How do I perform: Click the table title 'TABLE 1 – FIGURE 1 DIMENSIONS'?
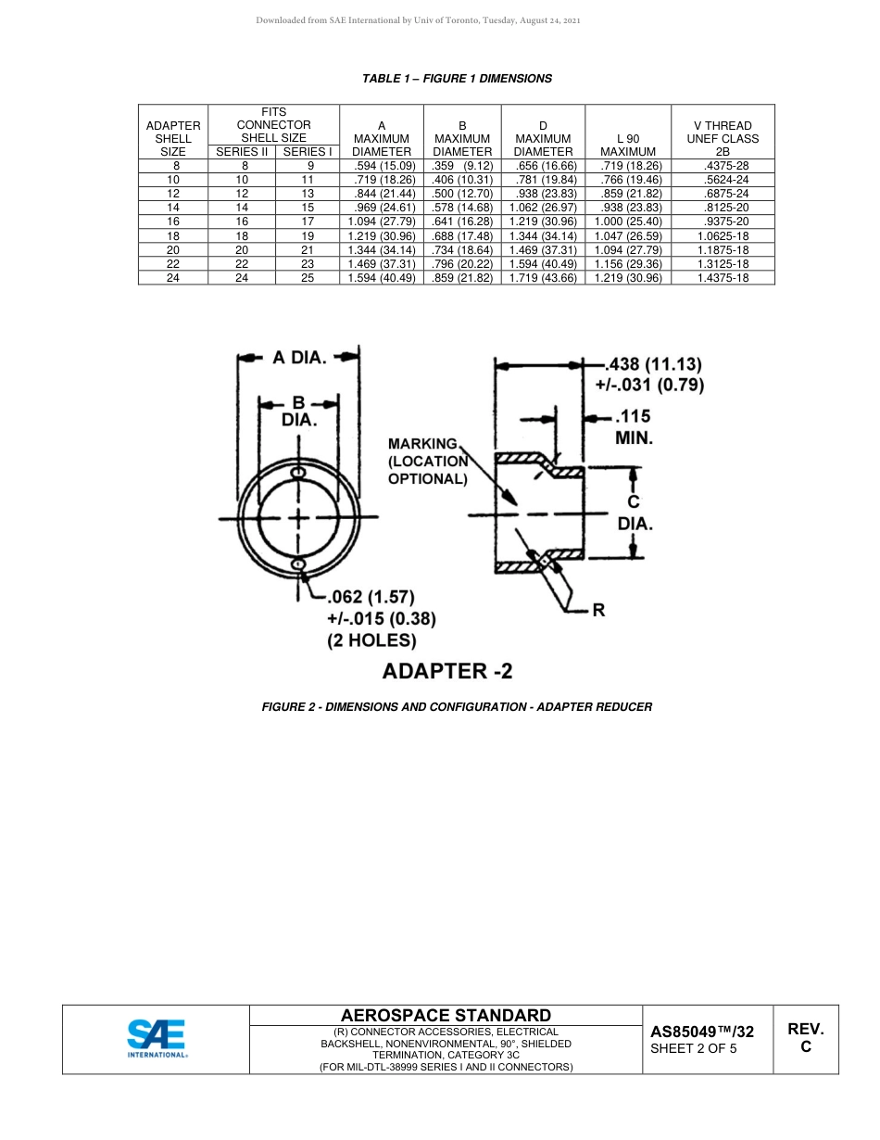coord(457,79)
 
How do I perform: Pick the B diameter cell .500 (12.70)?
coord(462,194)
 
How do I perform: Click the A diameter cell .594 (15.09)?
coord(381,166)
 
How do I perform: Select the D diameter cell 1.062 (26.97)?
coord(543,208)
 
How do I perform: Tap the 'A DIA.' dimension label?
coord(298,358)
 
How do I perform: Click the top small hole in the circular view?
coord(298,474)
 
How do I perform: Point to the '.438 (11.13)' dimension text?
coord(654,364)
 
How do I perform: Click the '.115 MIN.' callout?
coord(634,427)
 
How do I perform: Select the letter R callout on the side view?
coord(598,611)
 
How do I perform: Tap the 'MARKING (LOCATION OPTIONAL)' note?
coord(427,462)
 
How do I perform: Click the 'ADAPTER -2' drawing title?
coord(447,670)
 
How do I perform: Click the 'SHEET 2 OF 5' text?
coord(694,1049)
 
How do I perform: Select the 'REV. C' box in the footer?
coord(805,1038)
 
